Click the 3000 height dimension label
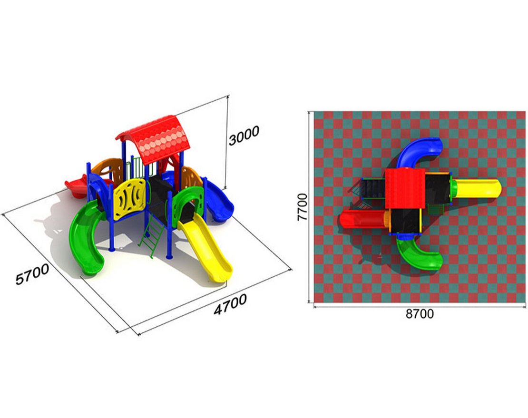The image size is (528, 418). [x=244, y=136]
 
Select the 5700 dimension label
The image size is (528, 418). [x=32, y=274]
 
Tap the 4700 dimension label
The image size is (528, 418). [x=230, y=304]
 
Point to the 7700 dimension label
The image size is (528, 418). [x=303, y=207]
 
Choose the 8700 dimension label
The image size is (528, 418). [x=420, y=314]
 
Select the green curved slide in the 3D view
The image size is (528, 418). [x=86, y=237]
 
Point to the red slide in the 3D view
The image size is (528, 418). [x=79, y=187]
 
